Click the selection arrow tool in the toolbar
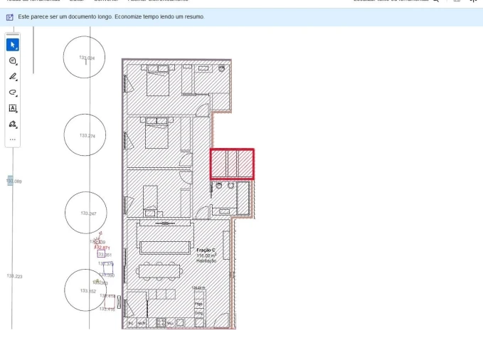13,45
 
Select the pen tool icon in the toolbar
13,77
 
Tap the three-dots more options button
13,139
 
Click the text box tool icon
13,108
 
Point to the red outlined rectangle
232,164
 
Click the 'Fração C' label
206,250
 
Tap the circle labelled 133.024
84,58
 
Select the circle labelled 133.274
85,134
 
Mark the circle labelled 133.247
85,213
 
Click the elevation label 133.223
14,276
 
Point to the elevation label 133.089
14,181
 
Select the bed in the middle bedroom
156,133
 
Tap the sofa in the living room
165,247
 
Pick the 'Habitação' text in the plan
206,260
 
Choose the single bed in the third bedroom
150,200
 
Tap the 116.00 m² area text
206,255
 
